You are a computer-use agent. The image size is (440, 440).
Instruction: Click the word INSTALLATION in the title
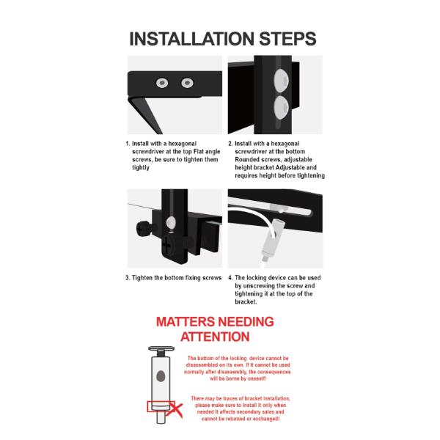[x=191, y=39]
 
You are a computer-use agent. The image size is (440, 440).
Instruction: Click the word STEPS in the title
[x=287, y=39]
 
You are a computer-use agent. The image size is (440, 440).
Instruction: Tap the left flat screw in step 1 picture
[x=162, y=83]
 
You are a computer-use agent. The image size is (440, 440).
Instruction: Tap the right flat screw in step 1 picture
[x=187, y=83]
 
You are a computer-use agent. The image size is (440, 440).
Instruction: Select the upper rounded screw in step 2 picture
[x=281, y=80]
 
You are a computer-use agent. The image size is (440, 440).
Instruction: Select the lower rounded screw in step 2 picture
[x=281, y=108]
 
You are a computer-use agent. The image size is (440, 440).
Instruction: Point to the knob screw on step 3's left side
[x=144, y=229]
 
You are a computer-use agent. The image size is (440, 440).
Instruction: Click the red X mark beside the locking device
[x=175, y=410]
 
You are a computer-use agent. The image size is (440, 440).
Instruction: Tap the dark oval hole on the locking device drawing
[x=161, y=376]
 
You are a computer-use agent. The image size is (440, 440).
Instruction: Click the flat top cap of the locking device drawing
[x=161, y=349]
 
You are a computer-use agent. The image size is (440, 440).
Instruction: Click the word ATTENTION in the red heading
[x=215, y=337]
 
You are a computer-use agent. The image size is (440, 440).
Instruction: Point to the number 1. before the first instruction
[x=128, y=144]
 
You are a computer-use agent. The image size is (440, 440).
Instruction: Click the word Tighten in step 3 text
[x=142, y=278]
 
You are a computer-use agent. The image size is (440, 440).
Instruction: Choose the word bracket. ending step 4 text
[x=246, y=301]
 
